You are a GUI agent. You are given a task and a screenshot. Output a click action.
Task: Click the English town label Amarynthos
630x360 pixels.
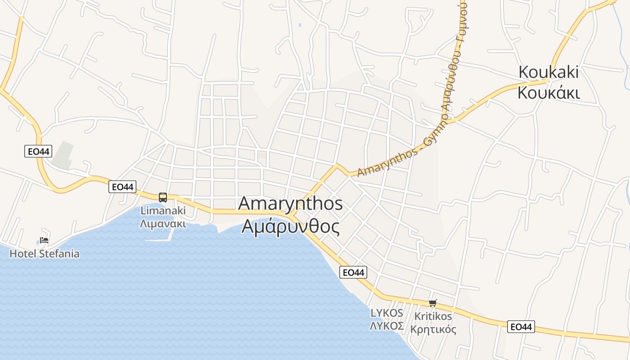pos(290,203)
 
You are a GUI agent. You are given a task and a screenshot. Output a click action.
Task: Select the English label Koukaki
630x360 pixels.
pos(549,72)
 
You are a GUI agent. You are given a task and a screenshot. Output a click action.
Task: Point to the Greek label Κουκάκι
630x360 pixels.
pos(549,93)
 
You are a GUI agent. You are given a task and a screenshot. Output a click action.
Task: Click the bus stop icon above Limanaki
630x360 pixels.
pos(163,197)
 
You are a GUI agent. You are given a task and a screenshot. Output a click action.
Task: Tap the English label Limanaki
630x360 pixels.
pos(163,210)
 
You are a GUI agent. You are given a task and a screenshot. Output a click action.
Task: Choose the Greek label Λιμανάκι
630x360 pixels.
pos(163,224)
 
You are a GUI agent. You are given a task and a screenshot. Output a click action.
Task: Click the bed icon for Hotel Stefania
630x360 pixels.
pos(44,240)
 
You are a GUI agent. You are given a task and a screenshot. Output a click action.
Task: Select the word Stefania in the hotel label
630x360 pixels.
pos(59,254)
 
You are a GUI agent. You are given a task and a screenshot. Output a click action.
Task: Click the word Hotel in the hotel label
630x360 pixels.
pos(23,254)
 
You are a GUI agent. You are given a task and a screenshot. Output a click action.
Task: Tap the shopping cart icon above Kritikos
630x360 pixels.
pos(433,303)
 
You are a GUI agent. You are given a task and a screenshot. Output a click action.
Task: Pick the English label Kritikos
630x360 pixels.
pos(433,316)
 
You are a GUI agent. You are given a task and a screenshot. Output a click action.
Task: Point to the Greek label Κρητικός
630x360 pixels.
pos(433,329)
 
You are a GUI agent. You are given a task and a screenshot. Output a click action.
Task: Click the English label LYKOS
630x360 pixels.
pos(387,313)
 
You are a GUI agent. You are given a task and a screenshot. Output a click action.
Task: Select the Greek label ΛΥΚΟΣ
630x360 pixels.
pos(387,326)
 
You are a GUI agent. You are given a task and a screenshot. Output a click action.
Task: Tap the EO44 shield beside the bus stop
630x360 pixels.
pos(122,186)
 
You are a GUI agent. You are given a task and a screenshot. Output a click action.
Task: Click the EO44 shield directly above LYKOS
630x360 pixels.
pos(353,272)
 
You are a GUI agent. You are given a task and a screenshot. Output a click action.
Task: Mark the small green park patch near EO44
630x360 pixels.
pos(63,155)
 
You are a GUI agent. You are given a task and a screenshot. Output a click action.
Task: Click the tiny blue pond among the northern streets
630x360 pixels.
pos(300,25)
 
